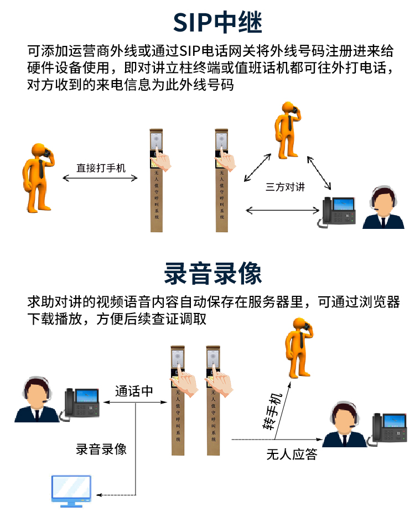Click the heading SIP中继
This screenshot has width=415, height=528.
(x=217, y=22)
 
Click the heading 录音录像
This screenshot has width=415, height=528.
(x=212, y=273)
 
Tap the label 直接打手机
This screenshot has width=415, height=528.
(x=101, y=168)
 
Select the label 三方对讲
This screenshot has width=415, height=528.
(x=285, y=187)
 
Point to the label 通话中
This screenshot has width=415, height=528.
(x=134, y=391)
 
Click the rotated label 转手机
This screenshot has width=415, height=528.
(x=272, y=411)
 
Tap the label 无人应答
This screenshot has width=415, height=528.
(x=292, y=454)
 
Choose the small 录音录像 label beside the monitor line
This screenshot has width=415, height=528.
(x=101, y=449)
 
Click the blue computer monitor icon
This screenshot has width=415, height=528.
(x=71, y=491)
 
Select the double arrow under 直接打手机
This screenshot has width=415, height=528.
(x=100, y=178)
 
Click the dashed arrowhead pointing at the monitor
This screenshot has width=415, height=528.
(x=99, y=495)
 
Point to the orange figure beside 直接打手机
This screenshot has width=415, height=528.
(x=38, y=177)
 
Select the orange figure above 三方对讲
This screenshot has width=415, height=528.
(x=288, y=130)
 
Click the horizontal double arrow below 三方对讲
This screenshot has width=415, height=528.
(x=283, y=211)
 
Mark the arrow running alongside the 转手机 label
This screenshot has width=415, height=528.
(x=283, y=410)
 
